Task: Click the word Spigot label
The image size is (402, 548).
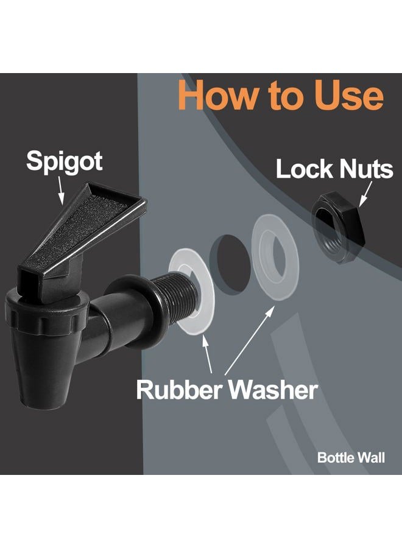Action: coord(65,161)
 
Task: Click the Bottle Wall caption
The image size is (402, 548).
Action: coord(351,457)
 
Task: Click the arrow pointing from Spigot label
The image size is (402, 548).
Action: coord(61,190)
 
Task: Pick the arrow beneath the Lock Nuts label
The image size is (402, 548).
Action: coord(365,193)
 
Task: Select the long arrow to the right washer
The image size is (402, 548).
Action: coord(249,340)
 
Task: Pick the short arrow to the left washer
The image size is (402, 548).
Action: coord(208,353)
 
